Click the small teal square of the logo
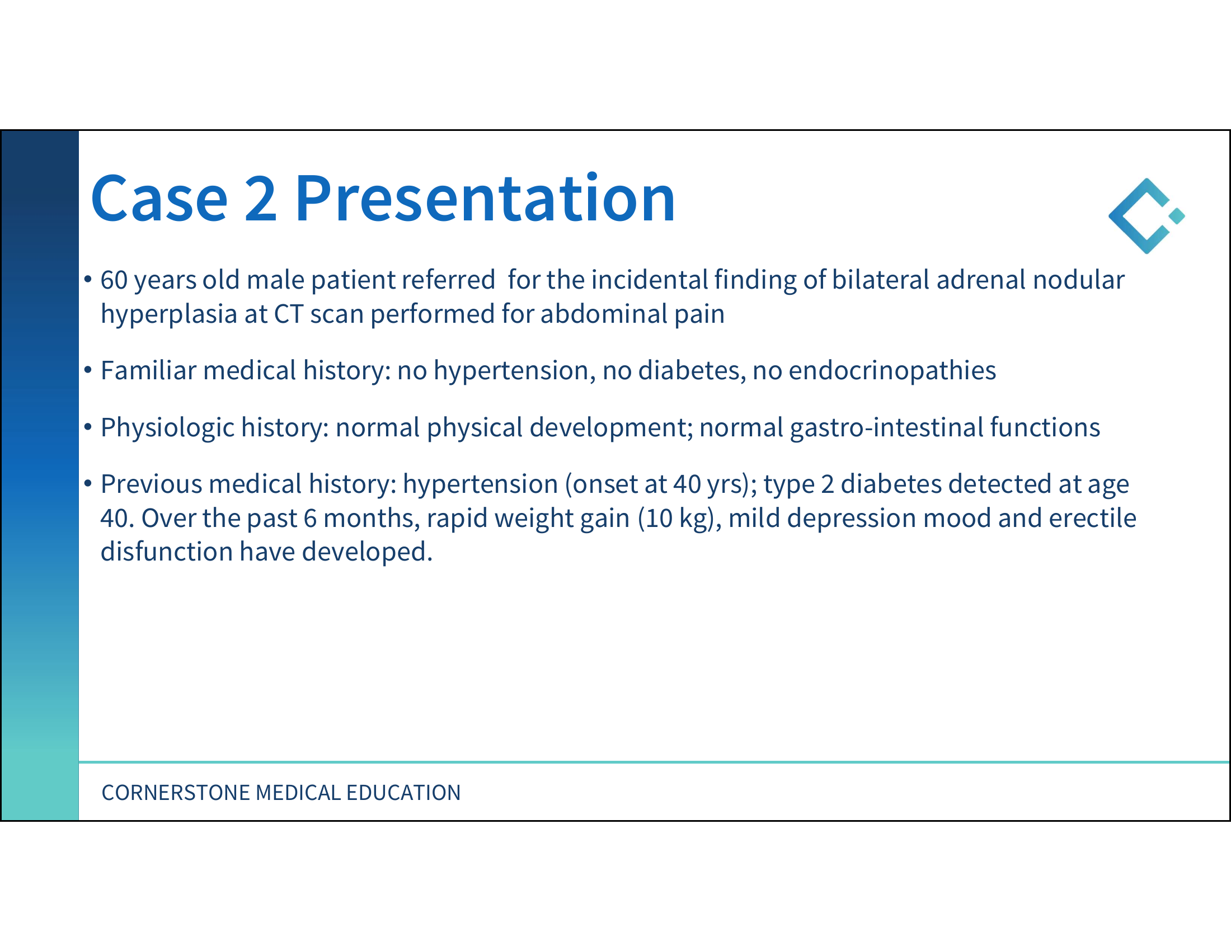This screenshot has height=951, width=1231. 1177,216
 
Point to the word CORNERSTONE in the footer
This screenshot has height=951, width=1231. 176,793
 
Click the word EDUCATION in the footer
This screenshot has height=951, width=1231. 403,793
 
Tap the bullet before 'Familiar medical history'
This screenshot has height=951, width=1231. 87,370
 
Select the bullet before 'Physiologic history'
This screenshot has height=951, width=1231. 87,427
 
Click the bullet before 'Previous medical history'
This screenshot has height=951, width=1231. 87,483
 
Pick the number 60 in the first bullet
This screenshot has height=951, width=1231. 114,280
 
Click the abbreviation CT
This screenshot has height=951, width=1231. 289,314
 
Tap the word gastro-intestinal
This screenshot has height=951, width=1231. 887,428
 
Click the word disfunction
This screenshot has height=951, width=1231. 167,552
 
